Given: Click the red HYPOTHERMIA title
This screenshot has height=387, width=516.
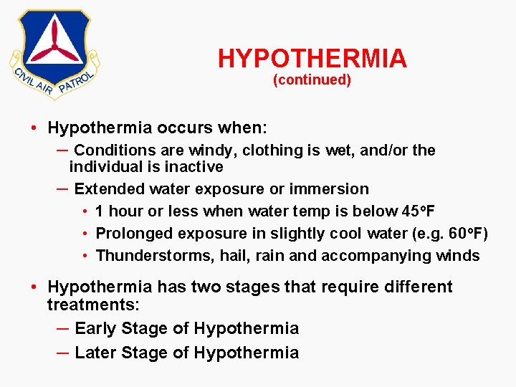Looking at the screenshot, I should tap(312, 58).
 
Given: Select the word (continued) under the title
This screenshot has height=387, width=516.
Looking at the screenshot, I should tap(312, 80).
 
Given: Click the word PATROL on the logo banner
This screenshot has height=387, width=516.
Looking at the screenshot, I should tap(77, 81).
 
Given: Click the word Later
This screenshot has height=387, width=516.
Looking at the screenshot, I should tap(95, 353).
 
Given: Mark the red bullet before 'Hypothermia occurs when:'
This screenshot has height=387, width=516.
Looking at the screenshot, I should tap(34, 129).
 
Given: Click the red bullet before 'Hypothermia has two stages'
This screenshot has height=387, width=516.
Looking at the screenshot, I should tap(34, 287).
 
